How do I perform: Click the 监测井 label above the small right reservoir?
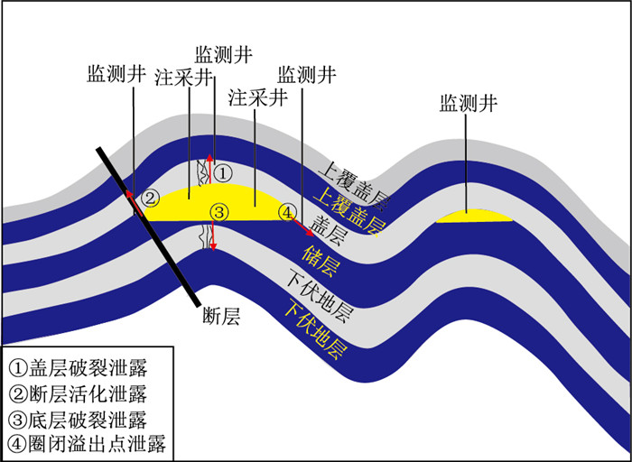pos(469,104)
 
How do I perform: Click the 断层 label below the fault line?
pos(220,318)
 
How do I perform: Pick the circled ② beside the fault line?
pos(152,198)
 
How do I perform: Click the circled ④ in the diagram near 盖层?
pos(287,212)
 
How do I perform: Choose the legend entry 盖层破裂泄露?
pos(76,368)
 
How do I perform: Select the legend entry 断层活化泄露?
pos(76,393)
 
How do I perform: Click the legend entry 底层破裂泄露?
pos(76,419)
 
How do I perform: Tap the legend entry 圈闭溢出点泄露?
pos(87,444)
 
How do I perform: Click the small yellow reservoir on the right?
pos(474,217)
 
